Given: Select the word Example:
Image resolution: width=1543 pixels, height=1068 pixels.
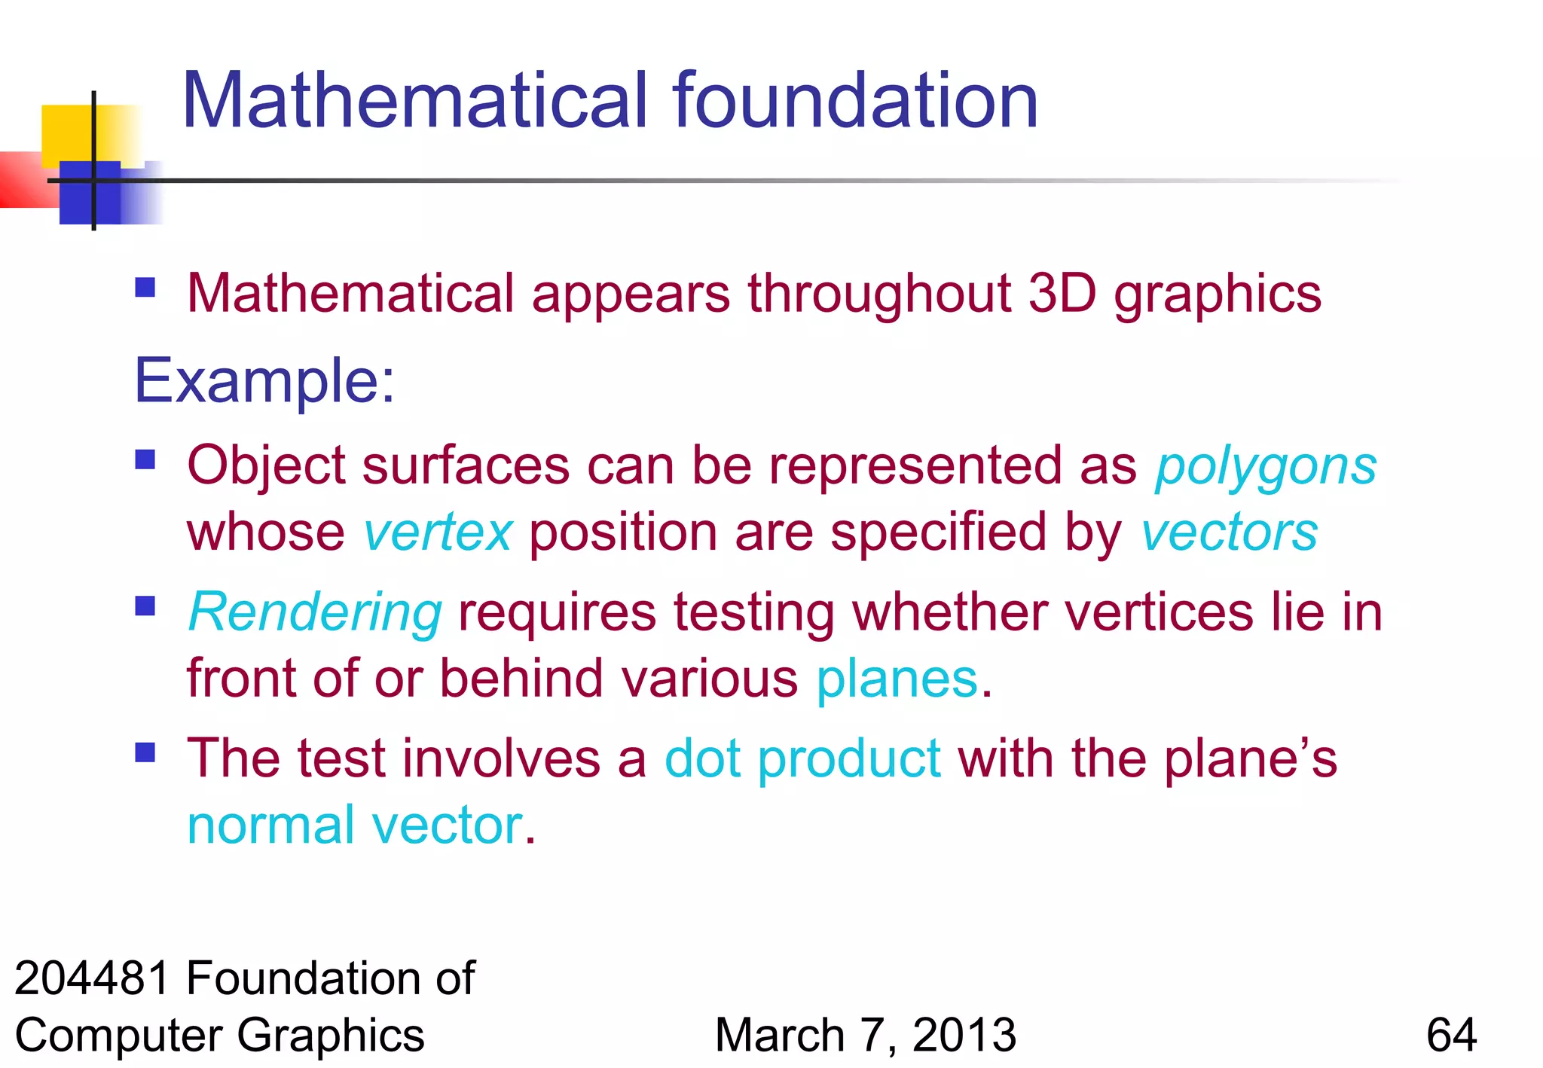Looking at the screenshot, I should tap(264, 381).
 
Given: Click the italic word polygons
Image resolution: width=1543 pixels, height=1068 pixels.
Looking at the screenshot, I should tap(1266, 467).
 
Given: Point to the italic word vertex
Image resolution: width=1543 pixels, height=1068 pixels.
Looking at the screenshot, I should tap(438, 532).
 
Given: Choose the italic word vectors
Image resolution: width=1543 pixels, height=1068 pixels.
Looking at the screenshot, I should tap(1229, 532).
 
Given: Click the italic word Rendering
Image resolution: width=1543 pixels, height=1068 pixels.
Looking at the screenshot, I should tap(315, 612).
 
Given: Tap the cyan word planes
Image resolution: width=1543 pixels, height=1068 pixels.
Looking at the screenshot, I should tap(897, 679).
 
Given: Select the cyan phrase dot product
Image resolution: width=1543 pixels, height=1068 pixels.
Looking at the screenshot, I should tap(802, 758).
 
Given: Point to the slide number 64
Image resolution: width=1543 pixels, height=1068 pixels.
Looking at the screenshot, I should tap(1451, 1035).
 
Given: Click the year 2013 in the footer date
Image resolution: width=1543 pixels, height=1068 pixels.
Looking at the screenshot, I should tap(964, 1035).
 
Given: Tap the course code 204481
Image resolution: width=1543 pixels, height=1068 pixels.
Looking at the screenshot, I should tap(92, 978).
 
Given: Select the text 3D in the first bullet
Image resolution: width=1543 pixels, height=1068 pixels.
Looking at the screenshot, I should tap(1062, 293).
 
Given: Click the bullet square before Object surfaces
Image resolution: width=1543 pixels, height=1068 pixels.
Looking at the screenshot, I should tap(145, 459).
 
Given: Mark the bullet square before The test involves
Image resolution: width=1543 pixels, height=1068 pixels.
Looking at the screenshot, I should tap(145, 752).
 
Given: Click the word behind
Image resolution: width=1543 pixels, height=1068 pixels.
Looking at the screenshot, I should tap(522, 679).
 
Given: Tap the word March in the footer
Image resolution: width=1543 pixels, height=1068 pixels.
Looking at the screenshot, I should tap(780, 1035).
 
